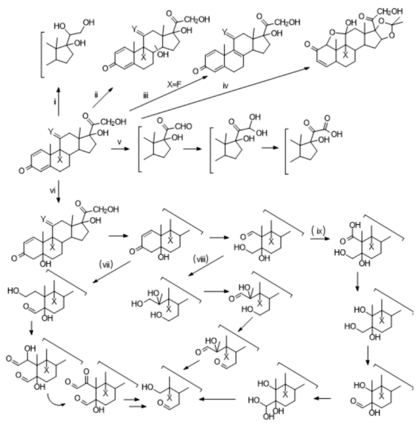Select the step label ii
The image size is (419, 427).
(96, 95)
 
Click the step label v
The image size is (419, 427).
(119, 142)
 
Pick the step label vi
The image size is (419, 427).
(53, 190)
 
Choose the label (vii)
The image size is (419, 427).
(106, 264)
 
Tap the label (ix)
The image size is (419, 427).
(319, 231)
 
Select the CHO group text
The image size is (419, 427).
(182, 126)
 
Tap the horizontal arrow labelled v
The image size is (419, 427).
(121, 149)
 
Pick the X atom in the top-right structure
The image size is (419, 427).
(345, 55)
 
